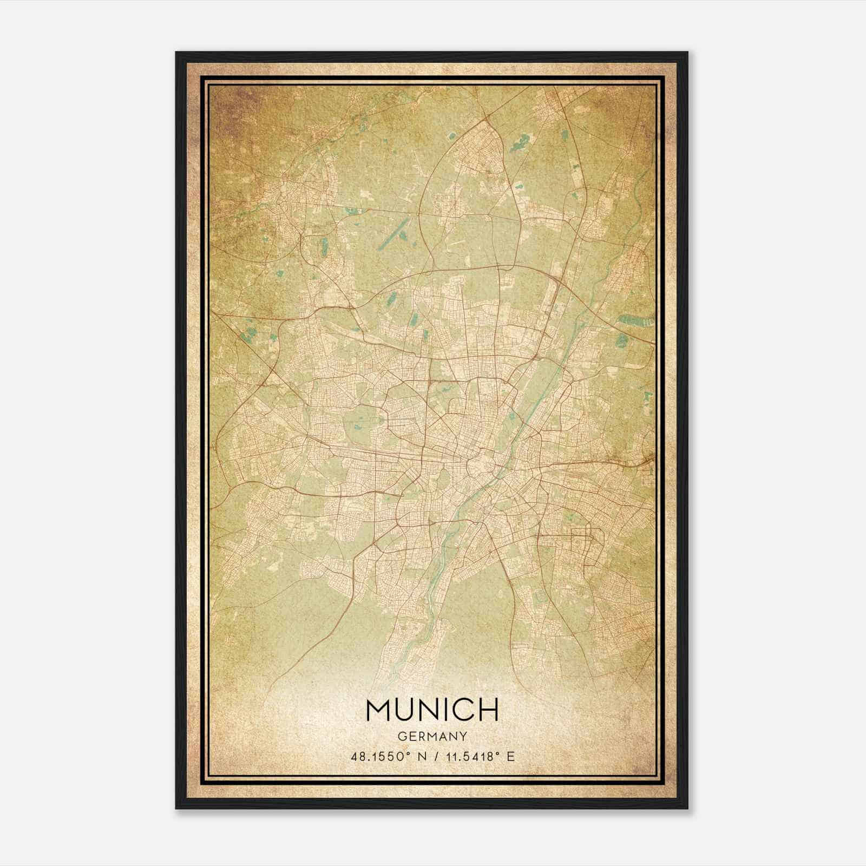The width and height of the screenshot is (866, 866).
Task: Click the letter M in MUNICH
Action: [x=380, y=710]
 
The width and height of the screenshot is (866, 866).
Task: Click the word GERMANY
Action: [x=432, y=736]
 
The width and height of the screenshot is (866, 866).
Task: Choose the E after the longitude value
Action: [x=510, y=757]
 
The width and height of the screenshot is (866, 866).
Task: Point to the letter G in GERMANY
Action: [x=402, y=736]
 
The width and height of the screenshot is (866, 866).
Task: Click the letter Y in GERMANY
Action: [x=464, y=736]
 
